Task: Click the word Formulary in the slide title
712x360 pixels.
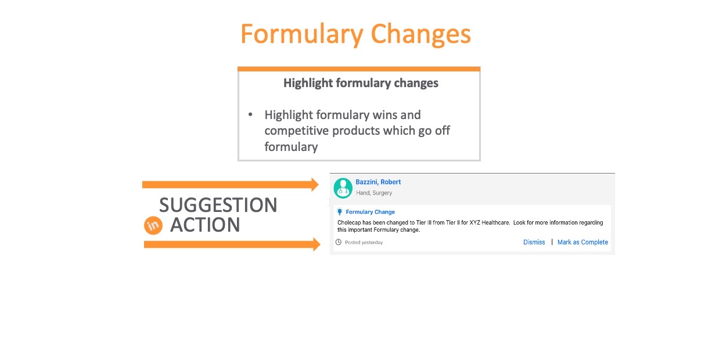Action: coord(301,35)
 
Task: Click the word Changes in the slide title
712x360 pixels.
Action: coord(420,35)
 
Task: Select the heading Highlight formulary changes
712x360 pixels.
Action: coord(361,83)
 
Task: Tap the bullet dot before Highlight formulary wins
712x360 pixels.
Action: coord(250,114)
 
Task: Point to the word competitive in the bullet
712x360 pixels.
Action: coord(295,131)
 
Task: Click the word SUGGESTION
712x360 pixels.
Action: coord(218,205)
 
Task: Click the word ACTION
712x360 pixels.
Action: coord(205,225)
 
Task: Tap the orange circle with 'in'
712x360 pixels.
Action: coord(153,225)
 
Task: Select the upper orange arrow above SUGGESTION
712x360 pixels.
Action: coord(231,184)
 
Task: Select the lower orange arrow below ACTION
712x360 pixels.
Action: coord(232,244)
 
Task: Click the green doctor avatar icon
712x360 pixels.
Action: coord(343,188)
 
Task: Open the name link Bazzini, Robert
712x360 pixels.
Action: coord(378,182)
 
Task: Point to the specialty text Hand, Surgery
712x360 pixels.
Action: coord(374,193)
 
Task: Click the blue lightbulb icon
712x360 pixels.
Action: coord(340,211)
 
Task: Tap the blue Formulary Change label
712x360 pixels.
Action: coord(371,212)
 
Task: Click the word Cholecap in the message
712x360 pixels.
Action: coord(349,223)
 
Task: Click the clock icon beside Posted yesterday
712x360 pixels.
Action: coord(339,242)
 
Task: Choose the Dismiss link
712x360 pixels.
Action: coord(534,242)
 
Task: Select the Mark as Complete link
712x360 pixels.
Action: coord(582,242)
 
